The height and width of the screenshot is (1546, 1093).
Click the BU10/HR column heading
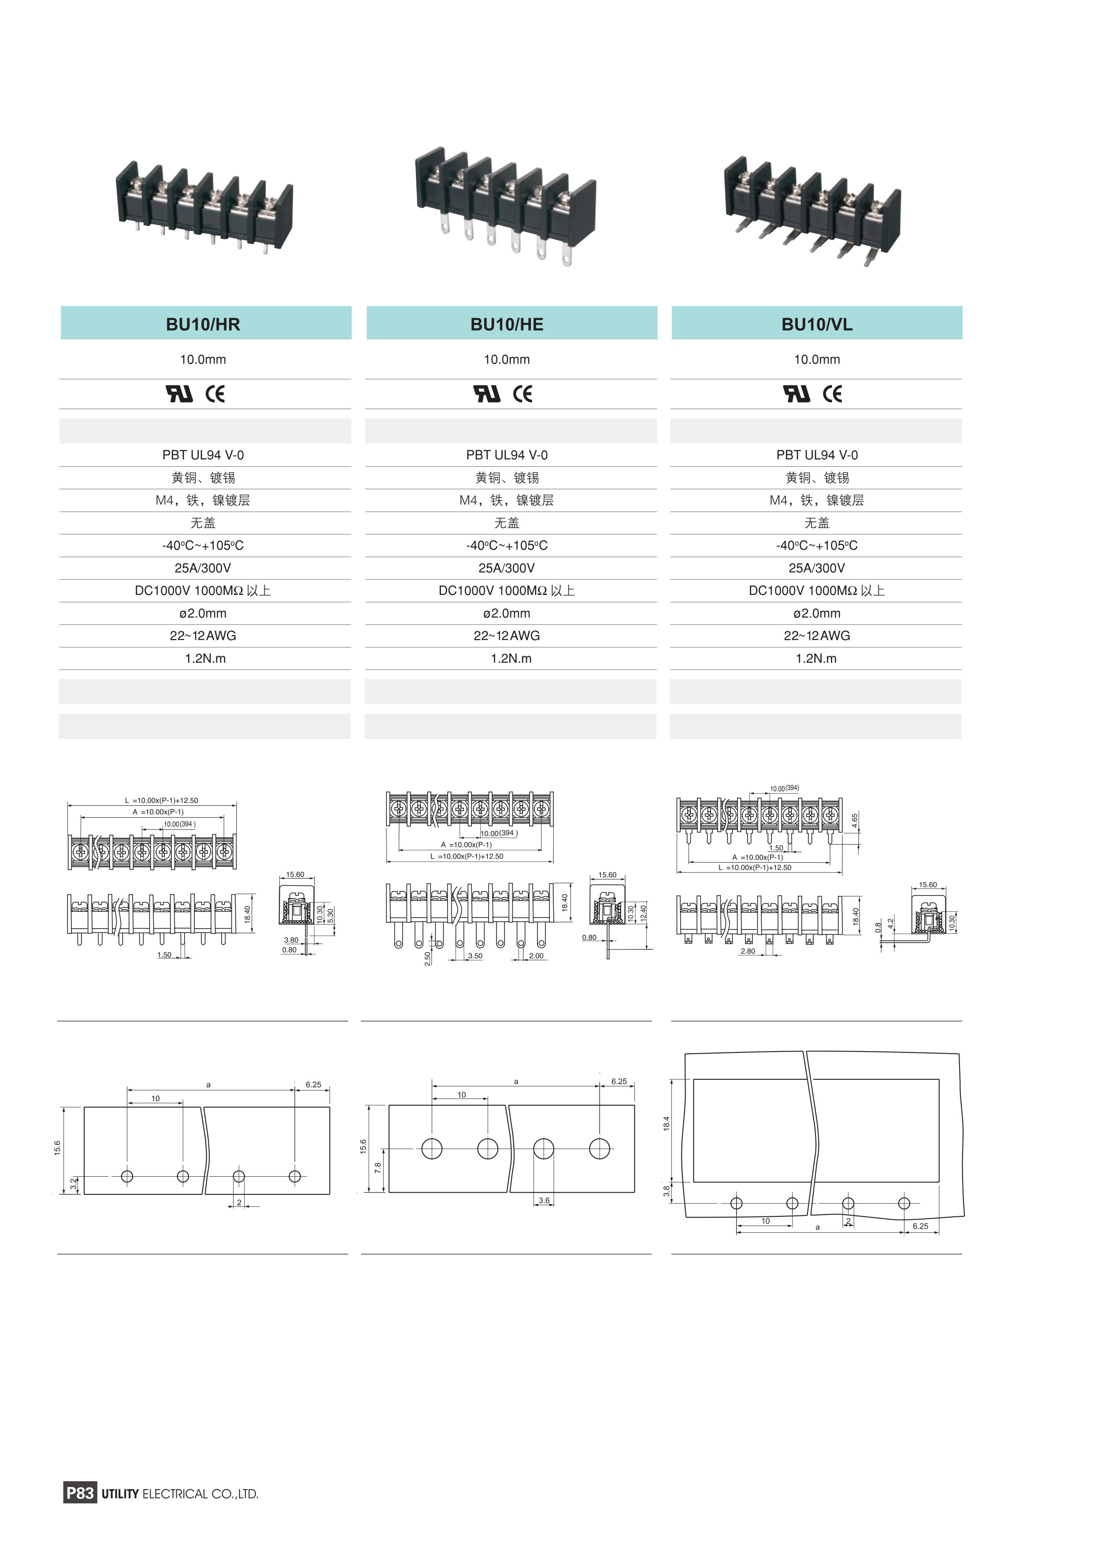point(203,324)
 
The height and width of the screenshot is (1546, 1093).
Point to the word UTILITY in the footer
point(120,1494)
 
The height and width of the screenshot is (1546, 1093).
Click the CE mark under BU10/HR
point(215,394)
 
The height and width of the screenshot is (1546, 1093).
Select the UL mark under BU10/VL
point(797,394)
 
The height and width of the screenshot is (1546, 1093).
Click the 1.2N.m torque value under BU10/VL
point(816,658)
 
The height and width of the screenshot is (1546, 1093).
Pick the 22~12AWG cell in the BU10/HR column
point(203,635)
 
